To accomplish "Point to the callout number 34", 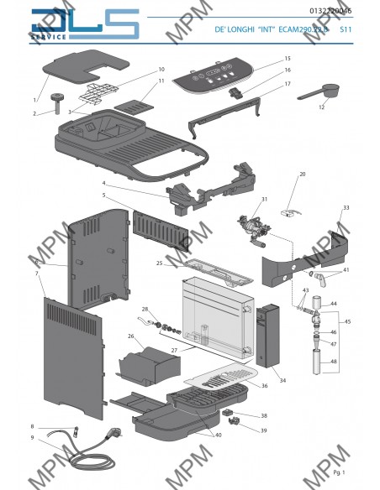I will click(282, 380).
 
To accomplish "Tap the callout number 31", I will click(263, 200).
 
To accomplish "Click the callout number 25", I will click(159, 263).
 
